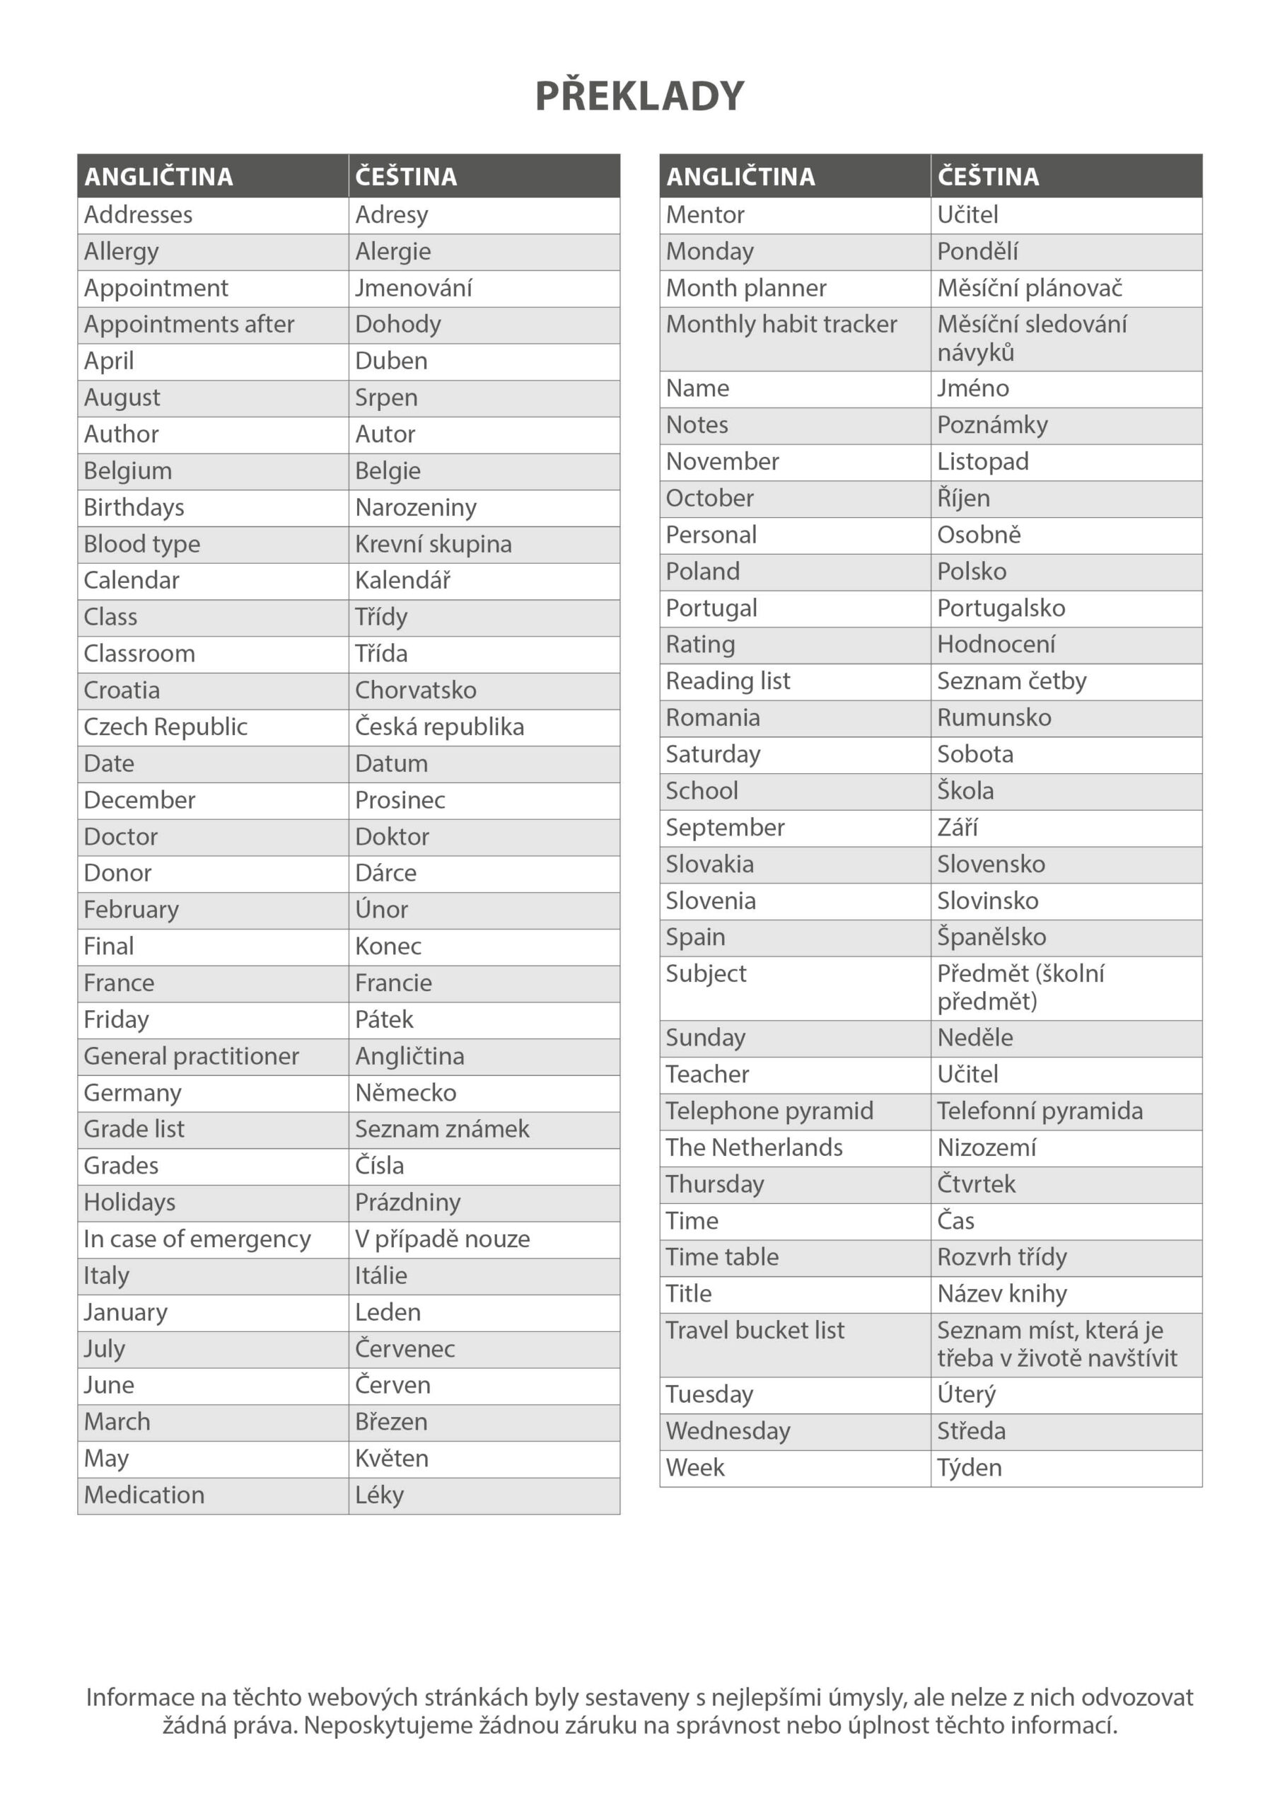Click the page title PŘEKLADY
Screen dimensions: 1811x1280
click(639, 96)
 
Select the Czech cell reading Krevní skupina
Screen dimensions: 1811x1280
click(433, 544)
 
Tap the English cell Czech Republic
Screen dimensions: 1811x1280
click(165, 727)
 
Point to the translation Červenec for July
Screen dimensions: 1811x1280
click(405, 1349)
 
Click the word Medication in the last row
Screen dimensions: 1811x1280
click(144, 1495)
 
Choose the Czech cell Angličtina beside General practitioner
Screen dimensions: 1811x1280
click(409, 1056)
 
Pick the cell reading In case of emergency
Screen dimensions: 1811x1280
click(197, 1239)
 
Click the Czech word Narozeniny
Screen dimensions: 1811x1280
click(416, 508)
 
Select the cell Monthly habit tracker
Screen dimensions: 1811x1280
click(781, 324)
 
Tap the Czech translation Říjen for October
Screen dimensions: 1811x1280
click(963, 499)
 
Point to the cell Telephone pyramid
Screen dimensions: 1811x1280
click(769, 1111)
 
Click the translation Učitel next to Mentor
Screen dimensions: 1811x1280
click(967, 214)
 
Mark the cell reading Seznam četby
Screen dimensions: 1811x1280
click(1011, 681)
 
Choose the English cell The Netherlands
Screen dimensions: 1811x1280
click(754, 1147)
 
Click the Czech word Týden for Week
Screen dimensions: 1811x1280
click(970, 1468)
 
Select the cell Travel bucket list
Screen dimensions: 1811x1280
click(755, 1331)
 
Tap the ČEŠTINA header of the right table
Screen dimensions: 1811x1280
click(988, 177)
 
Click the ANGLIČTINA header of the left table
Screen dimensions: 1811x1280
click(158, 177)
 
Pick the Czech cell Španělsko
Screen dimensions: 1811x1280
click(991, 937)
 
